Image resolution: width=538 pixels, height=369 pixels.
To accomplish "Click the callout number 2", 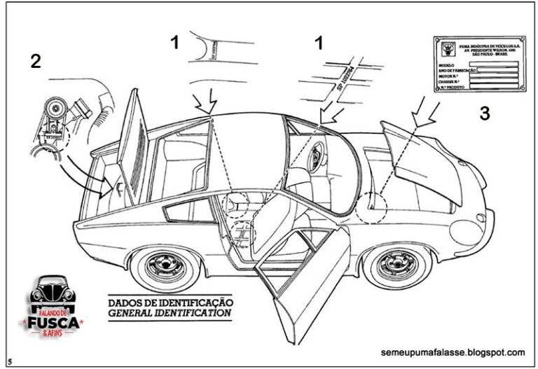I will (35, 61).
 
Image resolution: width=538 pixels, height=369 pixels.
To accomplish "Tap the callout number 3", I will (485, 113).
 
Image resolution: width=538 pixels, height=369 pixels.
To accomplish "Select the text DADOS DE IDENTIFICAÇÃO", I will (170, 302).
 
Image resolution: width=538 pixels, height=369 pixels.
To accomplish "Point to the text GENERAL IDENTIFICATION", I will (170, 314).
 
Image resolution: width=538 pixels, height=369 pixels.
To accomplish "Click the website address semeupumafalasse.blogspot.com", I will (454, 352).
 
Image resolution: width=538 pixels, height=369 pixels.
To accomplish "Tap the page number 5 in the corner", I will (11, 362).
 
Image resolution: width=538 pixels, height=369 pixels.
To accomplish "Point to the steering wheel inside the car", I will (317, 158).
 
